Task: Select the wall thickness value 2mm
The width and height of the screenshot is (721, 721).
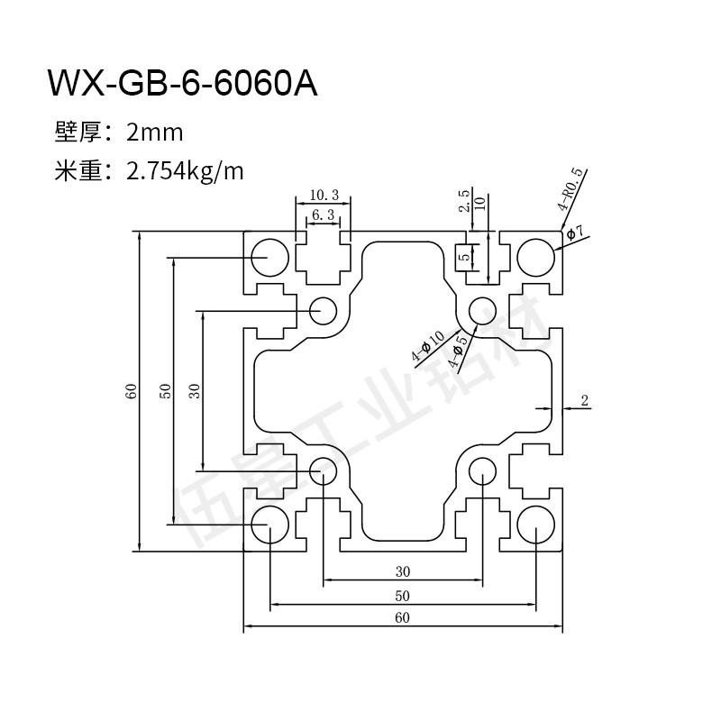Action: coord(155,133)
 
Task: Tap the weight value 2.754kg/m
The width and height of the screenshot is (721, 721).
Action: coord(187,170)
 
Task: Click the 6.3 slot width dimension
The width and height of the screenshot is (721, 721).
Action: coord(323,214)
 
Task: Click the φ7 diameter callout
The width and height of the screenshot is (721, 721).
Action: coord(576,233)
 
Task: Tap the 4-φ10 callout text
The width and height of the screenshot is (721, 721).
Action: coord(427,346)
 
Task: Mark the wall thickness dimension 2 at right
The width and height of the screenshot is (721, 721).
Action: coord(584,401)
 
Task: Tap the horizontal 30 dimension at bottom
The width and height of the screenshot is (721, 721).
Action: coord(402,570)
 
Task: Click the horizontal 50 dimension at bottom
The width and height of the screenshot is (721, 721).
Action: coord(402,595)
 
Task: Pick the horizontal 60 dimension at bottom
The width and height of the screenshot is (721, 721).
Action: coord(402,618)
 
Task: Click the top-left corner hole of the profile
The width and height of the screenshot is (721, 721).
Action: coord(269,257)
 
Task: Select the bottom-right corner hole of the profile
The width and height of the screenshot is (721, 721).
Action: coord(535,524)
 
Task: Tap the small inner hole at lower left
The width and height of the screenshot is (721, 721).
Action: coord(323,470)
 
